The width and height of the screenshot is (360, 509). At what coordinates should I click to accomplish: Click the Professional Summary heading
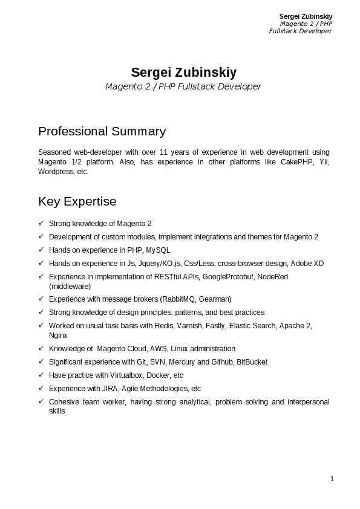pos(102,131)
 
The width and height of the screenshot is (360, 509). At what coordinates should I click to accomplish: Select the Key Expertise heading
pos(77,201)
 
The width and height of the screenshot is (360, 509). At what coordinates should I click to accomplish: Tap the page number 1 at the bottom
pos(332,479)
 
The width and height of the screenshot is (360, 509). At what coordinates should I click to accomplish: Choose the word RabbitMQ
pos(178,299)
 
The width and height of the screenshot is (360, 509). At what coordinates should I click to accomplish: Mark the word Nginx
pos(58,335)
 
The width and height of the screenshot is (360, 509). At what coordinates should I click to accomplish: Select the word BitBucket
pos(252,362)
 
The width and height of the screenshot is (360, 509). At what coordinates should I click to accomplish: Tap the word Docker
pos(157,375)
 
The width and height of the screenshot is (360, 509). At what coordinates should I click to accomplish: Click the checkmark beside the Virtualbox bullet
pos(41,375)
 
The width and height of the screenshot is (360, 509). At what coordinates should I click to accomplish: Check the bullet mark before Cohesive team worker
pos(41,402)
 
